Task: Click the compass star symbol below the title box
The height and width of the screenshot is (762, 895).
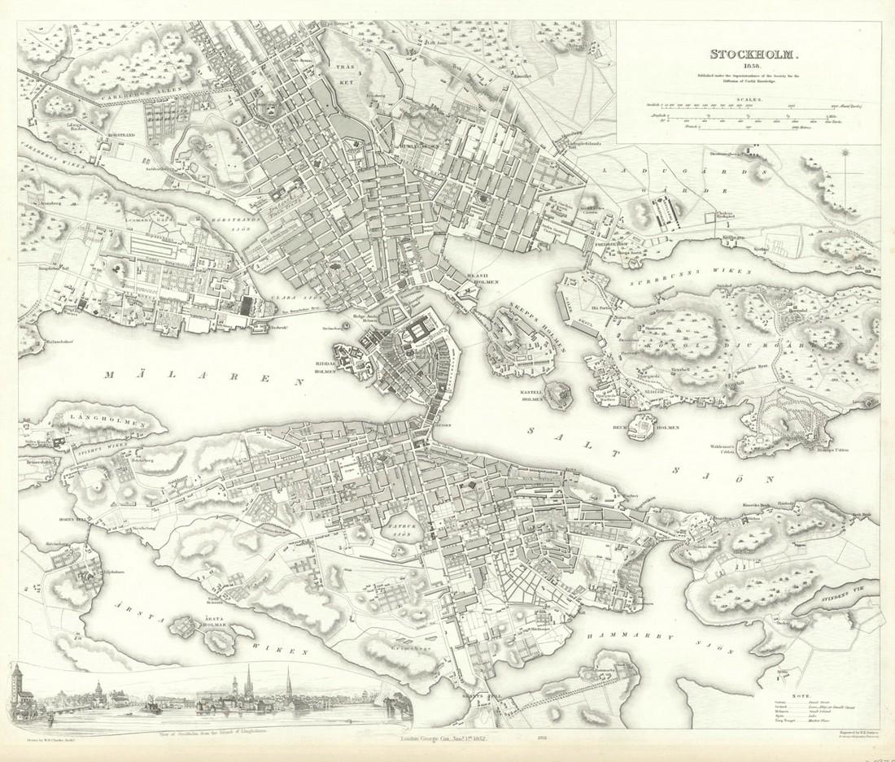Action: click(846, 152)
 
